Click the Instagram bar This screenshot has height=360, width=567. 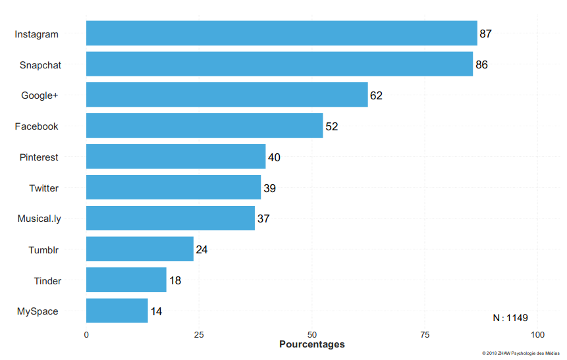pyautogui.click(x=281, y=34)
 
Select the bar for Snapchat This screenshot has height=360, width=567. pyautogui.click(x=279, y=64)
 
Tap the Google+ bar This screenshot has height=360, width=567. pyautogui.click(x=227, y=95)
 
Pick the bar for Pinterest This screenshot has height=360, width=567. pyautogui.click(x=176, y=157)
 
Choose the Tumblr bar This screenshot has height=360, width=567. pyautogui.click(x=140, y=249)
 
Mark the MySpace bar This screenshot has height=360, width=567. pyautogui.click(x=117, y=311)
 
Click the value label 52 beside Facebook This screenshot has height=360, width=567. pyautogui.click(x=331, y=126)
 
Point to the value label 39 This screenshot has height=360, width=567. pyautogui.click(x=269, y=188)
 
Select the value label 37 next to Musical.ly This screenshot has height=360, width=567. pyautogui.click(x=263, y=219)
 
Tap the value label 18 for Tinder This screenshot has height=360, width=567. pyautogui.click(x=175, y=281)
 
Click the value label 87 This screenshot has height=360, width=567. pyautogui.click(x=485, y=34)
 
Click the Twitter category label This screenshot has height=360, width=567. pyautogui.click(x=43, y=188)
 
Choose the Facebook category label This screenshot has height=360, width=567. pyautogui.click(x=36, y=126)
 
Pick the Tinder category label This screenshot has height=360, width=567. pyautogui.click(x=47, y=281)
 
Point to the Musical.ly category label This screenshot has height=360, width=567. pyautogui.click(x=39, y=219)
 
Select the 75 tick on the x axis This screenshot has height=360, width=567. pyautogui.click(x=425, y=334)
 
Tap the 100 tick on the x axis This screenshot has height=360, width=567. pyautogui.click(x=537, y=334)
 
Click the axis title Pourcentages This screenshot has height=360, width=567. pyautogui.click(x=311, y=345)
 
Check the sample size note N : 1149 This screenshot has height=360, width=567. pyautogui.click(x=510, y=318)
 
